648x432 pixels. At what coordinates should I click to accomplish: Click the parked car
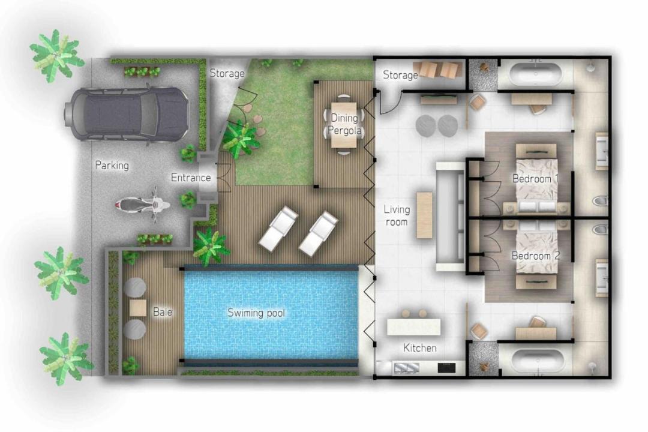[127, 113]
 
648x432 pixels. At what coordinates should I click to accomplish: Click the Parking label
[112, 166]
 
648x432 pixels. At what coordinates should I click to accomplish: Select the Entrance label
[191, 178]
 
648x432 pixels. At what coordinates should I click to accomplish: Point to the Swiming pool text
[256, 313]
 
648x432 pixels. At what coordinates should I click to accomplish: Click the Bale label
[163, 312]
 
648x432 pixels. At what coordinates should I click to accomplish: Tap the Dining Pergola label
[344, 124]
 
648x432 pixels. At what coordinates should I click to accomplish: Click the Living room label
[397, 215]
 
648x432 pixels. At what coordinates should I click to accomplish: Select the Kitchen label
[420, 348]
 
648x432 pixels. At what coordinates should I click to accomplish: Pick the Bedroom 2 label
[536, 256]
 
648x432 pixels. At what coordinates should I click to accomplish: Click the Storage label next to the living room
[400, 75]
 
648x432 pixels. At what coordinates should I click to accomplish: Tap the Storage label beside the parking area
[227, 74]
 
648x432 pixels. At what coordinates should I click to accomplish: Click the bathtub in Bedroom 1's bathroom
[536, 74]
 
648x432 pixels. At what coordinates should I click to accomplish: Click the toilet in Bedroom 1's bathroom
[601, 201]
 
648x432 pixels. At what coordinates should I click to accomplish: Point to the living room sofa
[451, 217]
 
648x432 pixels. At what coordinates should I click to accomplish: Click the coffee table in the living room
[424, 215]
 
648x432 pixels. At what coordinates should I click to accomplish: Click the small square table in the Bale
[138, 308]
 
